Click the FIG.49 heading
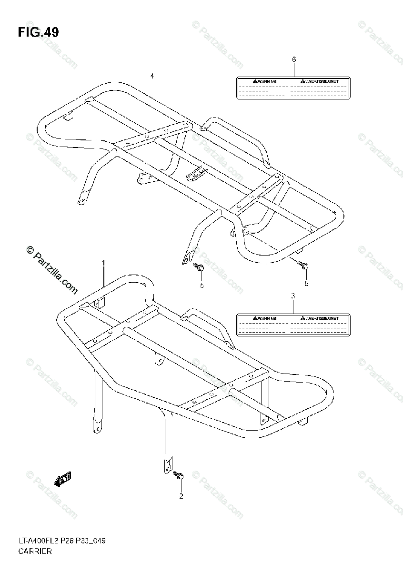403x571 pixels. click(x=39, y=32)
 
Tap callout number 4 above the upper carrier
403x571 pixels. click(x=152, y=76)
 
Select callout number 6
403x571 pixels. click(x=294, y=59)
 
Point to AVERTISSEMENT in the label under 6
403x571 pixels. click(x=322, y=81)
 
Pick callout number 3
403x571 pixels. click(x=293, y=296)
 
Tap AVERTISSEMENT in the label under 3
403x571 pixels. click(x=322, y=317)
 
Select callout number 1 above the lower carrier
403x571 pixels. click(x=103, y=263)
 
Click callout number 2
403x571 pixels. click(x=181, y=496)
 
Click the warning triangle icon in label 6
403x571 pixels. click(x=255, y=81)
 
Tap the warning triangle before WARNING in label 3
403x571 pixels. click(x=255, y=317)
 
